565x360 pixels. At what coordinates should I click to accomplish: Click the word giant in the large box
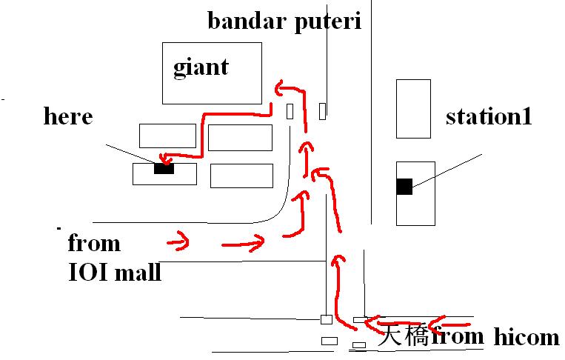pyautogui.click(x=201, y=68)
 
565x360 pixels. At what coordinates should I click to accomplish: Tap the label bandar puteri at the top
pyautogui.click(x=284, y=21)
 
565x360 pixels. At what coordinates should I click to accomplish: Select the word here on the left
pyautogui.click(x=68, y=116)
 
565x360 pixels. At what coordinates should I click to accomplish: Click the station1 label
pyautogui.click(x=489, y=116)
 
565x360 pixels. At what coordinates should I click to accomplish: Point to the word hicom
pyautogui.click(x=526, y=337)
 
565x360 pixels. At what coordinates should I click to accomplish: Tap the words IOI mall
pyautogui.click(x=115, y=273)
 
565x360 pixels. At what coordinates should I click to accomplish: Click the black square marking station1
pyautogui.click(x=404, y=187)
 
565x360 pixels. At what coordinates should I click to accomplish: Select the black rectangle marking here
pyautogui.click(x=164, y=168)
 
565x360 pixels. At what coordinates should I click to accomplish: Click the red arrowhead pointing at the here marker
pyautogui.click(x=164, y=159)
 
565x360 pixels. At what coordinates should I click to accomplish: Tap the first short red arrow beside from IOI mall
pyautogui.click(x=178, y=241)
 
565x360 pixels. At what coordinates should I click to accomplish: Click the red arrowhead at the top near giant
pyautogui.click(x=281, y=88)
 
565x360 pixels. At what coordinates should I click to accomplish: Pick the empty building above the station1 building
pyautogui.click(x=412, y=108)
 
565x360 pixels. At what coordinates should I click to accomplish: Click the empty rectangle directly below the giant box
pyautogui.click(x=240, y=138)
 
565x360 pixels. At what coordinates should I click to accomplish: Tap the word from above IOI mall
pyautogui.click(x=93, y=244)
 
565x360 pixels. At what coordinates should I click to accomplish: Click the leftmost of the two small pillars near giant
pyautogui.click(x=290, y=111)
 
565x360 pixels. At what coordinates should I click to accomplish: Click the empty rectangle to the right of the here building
pyautogui.click(x=241, y=176)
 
